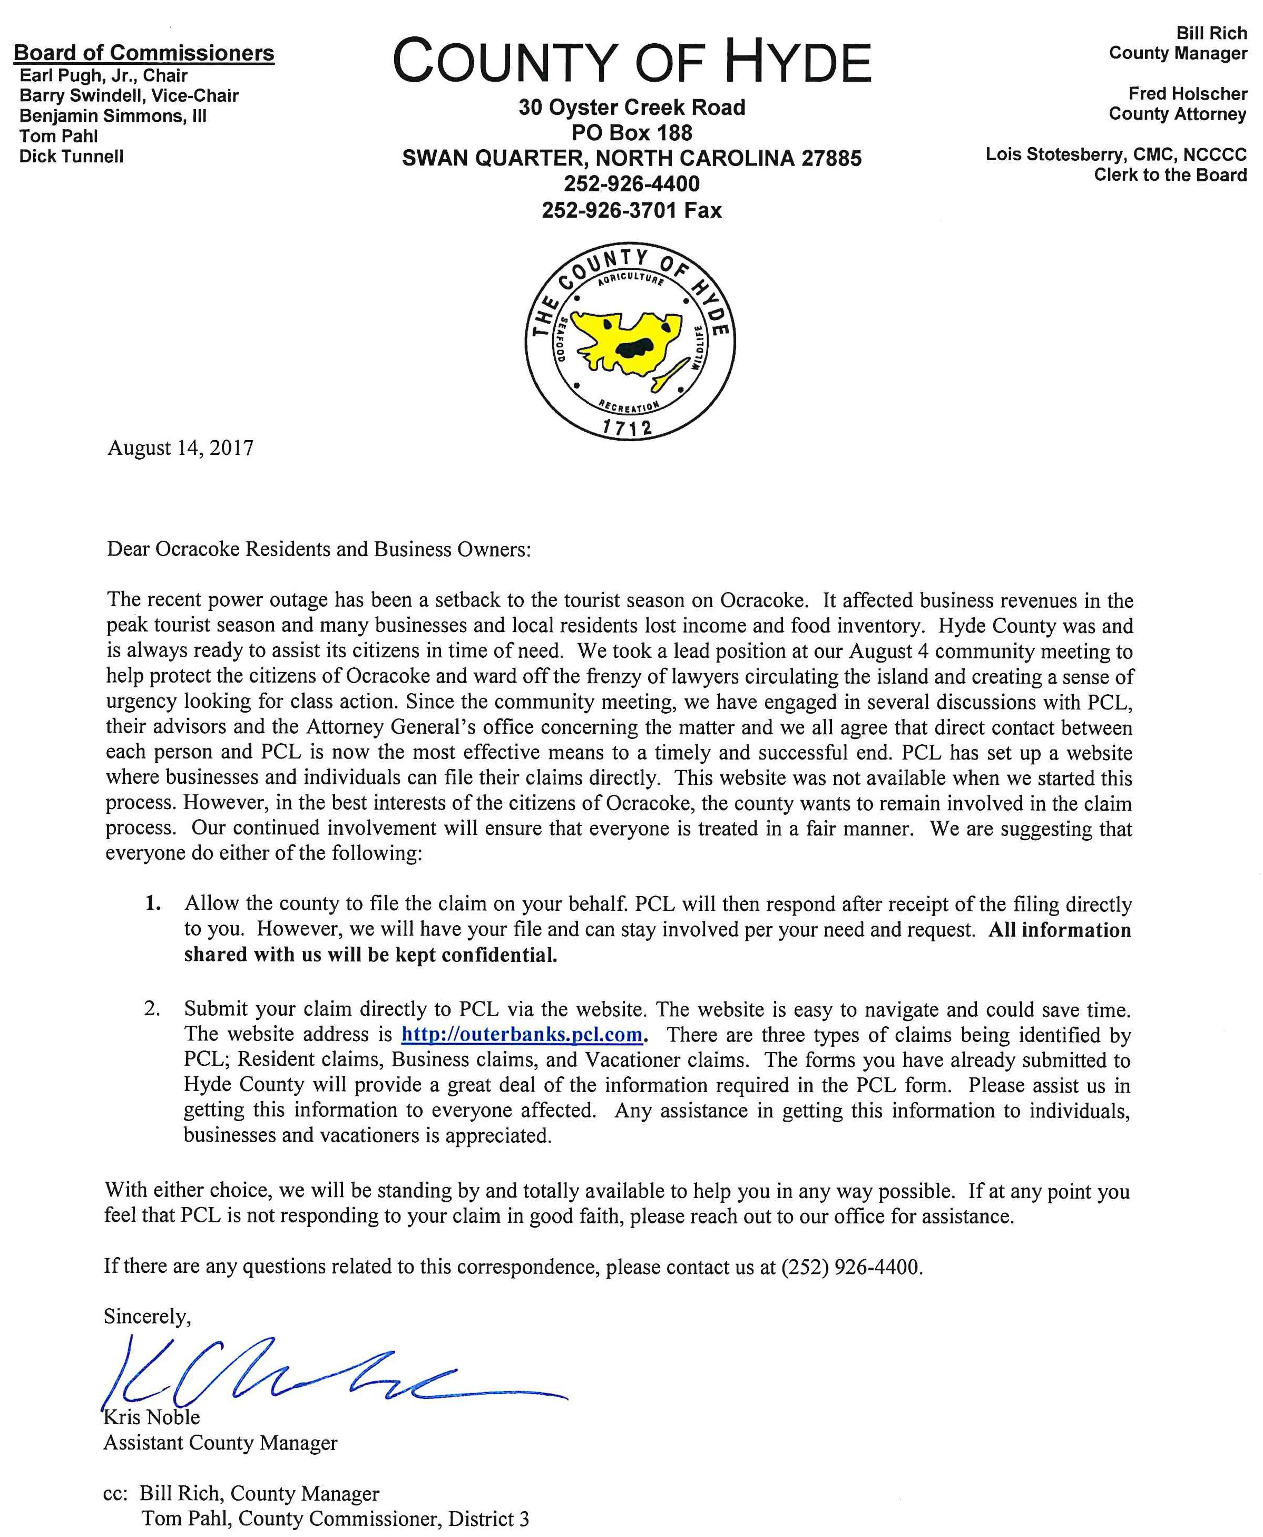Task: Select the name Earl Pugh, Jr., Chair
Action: [103, 76]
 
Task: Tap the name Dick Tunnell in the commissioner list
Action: [71, 157]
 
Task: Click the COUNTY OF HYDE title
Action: [631, 63]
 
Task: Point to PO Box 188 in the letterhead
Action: [631, 133]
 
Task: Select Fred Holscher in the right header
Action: [1187, 94]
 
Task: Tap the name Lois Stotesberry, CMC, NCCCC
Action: [1115, 154]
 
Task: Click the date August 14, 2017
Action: [180, 448]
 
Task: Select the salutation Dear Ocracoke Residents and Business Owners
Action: [319, 549]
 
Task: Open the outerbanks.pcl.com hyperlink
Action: [522, 1035]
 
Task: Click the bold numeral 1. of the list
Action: [153, 904]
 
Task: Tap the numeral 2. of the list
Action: [152, 1009]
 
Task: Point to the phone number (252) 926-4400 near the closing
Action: [851, 1267]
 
